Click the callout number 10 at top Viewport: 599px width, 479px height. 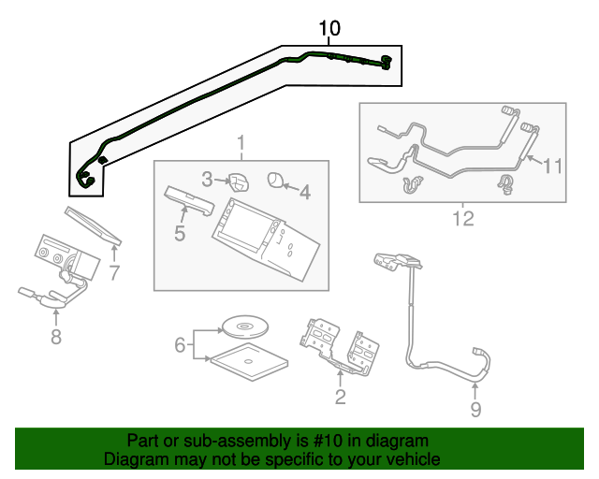pyautogui.click(x=329, y=28)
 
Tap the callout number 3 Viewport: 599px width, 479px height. pyautogui.click(x=208, y=177)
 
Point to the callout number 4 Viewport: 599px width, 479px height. pyautogui.click(x=304, y=192)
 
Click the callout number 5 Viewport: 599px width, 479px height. pyautogui.click(x=180, y=231)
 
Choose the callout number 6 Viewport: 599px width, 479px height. pyautogui.click(x=180, y=345)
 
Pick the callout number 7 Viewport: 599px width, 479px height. pyautogui.click(x=114, y=273)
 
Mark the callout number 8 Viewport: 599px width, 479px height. pyautogui.click(x=56, y=337)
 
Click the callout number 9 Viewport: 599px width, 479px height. pyautogui.click(x=475, y=409)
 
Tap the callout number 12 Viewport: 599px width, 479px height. pyautogui.click(x=462, y=220)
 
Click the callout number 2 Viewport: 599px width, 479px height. pyautogui.click(x=340, y=398)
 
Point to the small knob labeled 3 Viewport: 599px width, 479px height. pyautogui.click(x=238, y=180)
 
